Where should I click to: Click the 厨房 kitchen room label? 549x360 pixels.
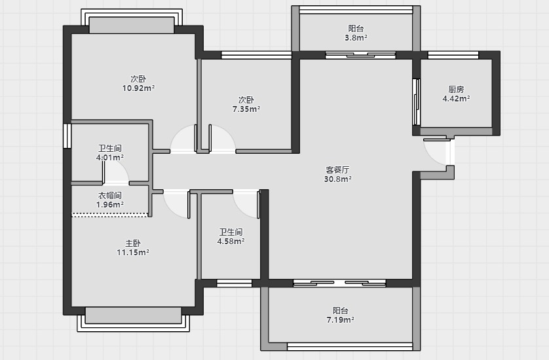[456, 90]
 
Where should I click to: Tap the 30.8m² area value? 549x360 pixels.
[338, 179]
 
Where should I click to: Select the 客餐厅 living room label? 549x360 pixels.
[337, 170]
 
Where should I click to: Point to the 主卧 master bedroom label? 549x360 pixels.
[133, 243]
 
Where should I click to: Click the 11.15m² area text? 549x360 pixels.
[133, 252]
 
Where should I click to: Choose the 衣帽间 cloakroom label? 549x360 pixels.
[110, 196]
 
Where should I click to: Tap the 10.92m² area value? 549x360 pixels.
[138, 88]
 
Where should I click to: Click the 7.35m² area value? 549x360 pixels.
[246, 109]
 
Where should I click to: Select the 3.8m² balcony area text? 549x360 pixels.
[356, 38]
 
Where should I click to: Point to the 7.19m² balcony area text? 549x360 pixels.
[340, 320]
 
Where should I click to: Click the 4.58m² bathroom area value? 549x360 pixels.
[231, 241]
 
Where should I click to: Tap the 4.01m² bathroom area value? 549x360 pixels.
[110, 158]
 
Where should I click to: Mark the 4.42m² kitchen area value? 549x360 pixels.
[456, 99]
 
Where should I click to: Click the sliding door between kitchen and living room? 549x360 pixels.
[416, 102]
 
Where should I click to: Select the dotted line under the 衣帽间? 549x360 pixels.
[110, 215]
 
